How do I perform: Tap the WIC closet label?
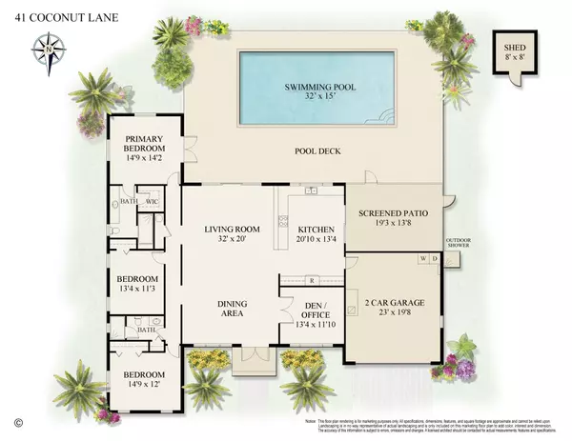click(x=151, y=201)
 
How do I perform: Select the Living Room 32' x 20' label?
click(x=233, y=233)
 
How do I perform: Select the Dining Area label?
click(x=233, y=310)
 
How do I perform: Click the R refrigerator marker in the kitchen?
click(x=312, y=280)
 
